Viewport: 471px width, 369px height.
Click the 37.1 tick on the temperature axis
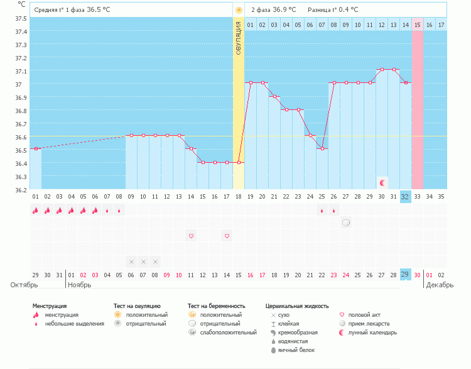pos(21,71)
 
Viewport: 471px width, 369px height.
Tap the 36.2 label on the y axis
pos(21,190)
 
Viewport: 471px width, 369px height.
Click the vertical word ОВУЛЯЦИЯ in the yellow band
pos(239,38)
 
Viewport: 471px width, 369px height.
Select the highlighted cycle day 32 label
pos(405,197)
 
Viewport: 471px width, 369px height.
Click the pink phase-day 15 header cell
pos(418,25)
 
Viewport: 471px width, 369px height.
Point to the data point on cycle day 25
pos(322,148)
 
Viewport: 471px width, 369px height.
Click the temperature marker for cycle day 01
pos(36,148)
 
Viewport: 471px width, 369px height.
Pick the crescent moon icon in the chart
pos(382,182)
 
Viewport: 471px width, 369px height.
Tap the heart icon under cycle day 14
pos(191,236)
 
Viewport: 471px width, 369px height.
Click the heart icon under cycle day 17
pos(227,236)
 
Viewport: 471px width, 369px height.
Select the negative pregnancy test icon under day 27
pos(346,223)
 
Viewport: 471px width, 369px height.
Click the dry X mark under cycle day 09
pos(131,262)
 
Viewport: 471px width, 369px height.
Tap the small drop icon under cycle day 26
pos(333,211)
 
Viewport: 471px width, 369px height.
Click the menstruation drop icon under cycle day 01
pos(36,210)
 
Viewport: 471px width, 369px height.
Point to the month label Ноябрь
pos(79,285)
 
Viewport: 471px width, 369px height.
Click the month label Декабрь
pos(440,285)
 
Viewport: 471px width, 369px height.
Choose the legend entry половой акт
pos(364,315)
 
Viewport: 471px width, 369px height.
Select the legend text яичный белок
pos(296,350)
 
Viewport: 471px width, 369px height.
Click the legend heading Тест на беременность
pos(216,306)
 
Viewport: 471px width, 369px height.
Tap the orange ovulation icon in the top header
pos(239,10)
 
